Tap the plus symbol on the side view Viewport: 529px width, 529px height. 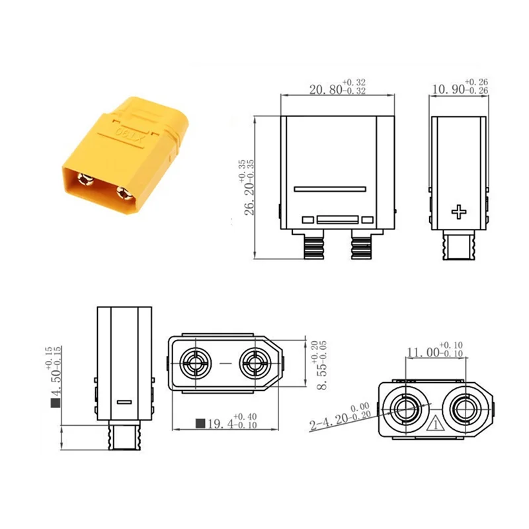tap(458, 212)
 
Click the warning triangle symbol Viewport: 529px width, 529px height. tap(434, 425)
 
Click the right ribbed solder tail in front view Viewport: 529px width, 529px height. tap(361, 248)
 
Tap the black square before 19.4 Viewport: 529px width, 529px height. tap(200, 423)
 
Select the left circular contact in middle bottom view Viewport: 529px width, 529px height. tap(197, 363)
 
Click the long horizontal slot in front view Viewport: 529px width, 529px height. tap(330, 188)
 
